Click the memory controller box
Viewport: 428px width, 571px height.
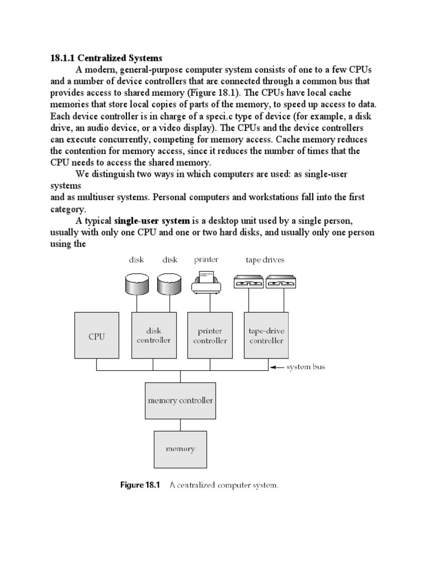click(x=179, y=400)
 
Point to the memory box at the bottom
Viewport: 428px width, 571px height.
click(x=179, y=448)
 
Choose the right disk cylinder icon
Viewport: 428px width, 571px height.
click(x=169, y=285)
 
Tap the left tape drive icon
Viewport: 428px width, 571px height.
click(x=249, y=284)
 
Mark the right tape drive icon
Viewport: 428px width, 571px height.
click(x=281, y=284)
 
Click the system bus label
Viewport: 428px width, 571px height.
click(x=305, y=367)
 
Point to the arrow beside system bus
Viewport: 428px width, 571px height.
click(x=277, y=367)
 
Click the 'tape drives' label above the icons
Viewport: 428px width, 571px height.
click(x=265, y=260)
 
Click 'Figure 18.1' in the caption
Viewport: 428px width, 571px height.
click(x=140, y=485)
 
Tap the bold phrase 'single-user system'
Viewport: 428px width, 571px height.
click(x=152, y=220)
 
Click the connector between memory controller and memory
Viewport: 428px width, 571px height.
click(x=179, y=425)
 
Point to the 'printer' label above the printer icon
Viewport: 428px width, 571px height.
click(x=206, y=259)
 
